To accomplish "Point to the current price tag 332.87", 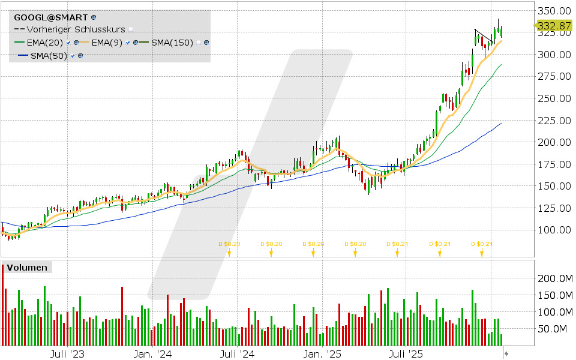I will click(553, 26).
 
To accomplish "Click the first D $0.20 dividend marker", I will click(229, 244).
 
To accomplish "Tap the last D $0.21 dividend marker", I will click(481, 244).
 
